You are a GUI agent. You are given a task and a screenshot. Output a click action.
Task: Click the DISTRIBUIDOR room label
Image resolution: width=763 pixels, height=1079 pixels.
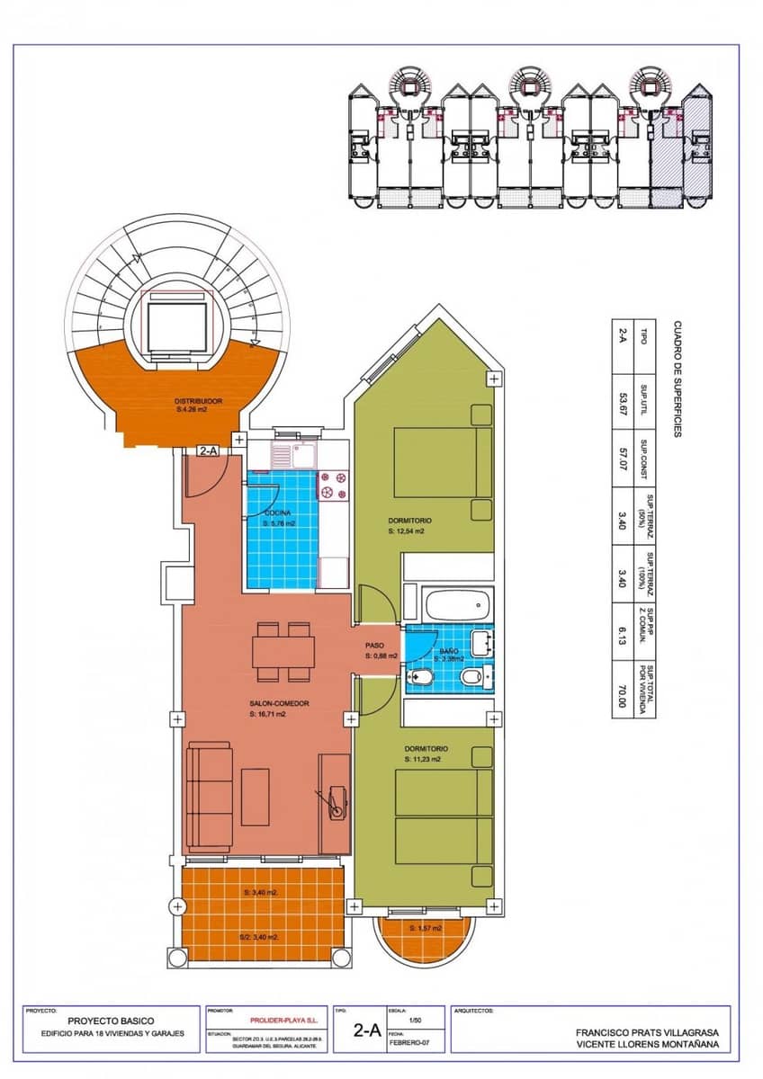click(198, 401)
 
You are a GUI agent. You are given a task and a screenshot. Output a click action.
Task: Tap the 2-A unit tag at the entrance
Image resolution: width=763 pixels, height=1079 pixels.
click(208, 451)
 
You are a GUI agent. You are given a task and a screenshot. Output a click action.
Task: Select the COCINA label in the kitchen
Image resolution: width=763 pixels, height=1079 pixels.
click(278, 513)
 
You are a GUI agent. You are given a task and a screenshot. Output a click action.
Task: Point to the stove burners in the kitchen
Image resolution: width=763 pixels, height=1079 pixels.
click(335, 486)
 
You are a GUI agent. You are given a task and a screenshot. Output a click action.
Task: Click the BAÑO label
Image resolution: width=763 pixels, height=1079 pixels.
click(449, 649)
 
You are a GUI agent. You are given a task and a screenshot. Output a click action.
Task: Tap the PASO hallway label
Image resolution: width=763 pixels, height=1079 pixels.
click(375, 646)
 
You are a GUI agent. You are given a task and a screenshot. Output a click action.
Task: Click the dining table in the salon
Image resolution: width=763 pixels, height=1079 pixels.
click(283, 650)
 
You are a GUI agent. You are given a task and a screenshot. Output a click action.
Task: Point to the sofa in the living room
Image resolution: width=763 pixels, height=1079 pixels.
click(209, 791)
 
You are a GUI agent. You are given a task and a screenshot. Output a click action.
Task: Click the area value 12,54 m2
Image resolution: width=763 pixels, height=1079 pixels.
click(406, 531)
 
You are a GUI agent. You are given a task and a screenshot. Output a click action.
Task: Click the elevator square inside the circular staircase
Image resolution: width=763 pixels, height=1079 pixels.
click(177, 326)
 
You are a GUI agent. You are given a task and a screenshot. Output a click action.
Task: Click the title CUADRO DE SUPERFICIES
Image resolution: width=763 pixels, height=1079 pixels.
click(678, 379)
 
